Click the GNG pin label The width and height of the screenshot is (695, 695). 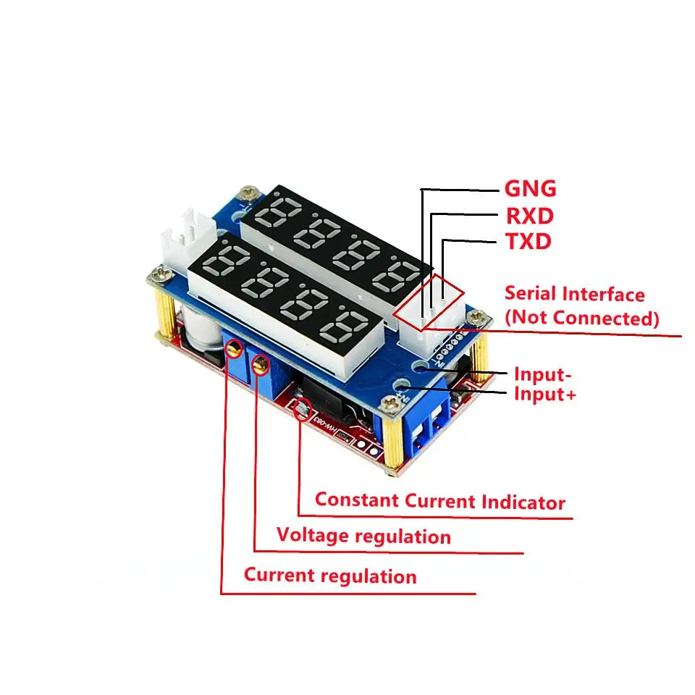(530, 189)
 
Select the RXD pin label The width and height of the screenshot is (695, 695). (529, 215)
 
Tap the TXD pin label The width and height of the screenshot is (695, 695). (528, 241)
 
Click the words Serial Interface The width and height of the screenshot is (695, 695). (574, 294)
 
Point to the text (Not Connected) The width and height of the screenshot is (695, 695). (582, 318)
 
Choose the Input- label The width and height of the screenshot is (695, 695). (543, 374)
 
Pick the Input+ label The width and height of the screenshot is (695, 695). (544, 395)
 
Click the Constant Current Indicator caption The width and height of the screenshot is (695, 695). (439, 501)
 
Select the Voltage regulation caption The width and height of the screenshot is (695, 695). (363, 536)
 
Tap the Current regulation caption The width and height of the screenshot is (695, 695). (330, 576)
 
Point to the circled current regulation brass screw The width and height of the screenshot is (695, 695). (233, 351)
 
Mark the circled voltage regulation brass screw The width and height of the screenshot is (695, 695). (259, 363)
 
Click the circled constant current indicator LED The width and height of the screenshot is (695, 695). (302, 411)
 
